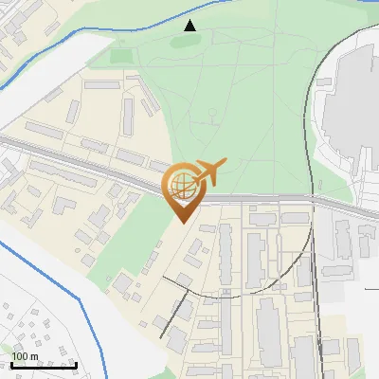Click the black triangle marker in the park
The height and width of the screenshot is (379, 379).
tap(190, 26)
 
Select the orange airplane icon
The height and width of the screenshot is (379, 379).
tap(208, 173)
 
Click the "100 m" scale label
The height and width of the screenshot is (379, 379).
tap(25, 356)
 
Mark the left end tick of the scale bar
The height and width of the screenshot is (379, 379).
tap(12, 363)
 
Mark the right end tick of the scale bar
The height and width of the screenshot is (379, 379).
tap(77, 363)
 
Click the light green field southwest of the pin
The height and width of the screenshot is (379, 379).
tap(133, 237)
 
